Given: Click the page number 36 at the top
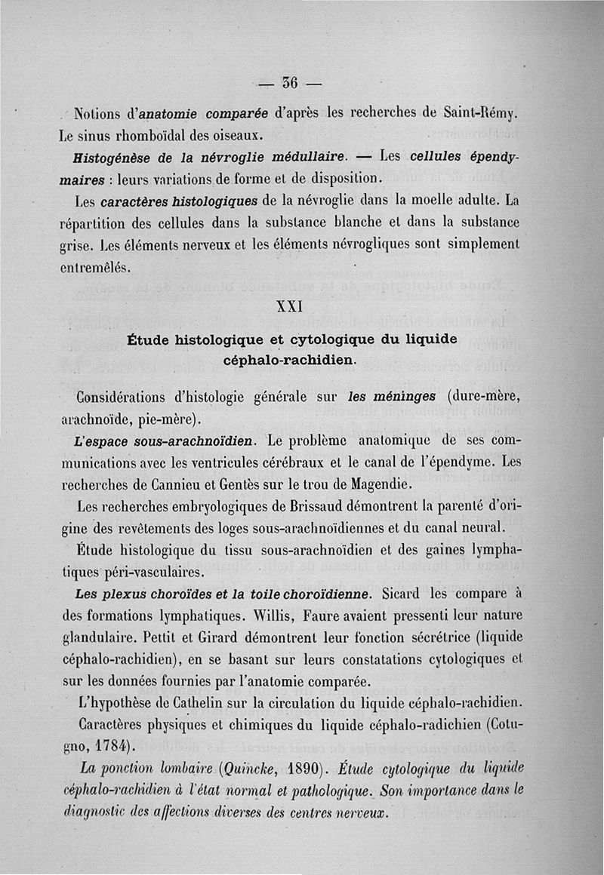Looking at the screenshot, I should [290, 82].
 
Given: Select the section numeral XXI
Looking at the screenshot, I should [291, 307].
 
